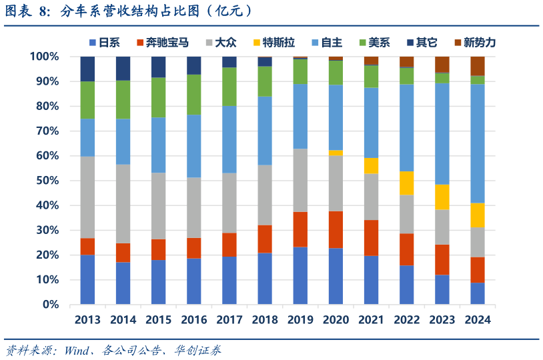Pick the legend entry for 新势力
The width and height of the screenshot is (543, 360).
click(480, 43)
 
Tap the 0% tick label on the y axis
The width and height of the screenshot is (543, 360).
click(51, 305)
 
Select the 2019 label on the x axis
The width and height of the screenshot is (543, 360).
click(300, 320)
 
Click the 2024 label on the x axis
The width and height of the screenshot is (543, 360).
click(477, 320)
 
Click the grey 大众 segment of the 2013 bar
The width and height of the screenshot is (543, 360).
click(87, 197)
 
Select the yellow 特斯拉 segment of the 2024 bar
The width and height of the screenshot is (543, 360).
click(477, 215)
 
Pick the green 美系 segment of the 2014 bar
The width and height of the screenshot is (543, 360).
click(123, 100)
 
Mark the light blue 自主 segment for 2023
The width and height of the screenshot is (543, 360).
click(442, 133)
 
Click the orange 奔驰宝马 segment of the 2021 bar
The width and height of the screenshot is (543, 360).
click(371, 237)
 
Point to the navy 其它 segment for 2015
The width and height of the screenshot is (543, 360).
click(158, 67)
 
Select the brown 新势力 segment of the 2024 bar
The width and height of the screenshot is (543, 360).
click(477, 65)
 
